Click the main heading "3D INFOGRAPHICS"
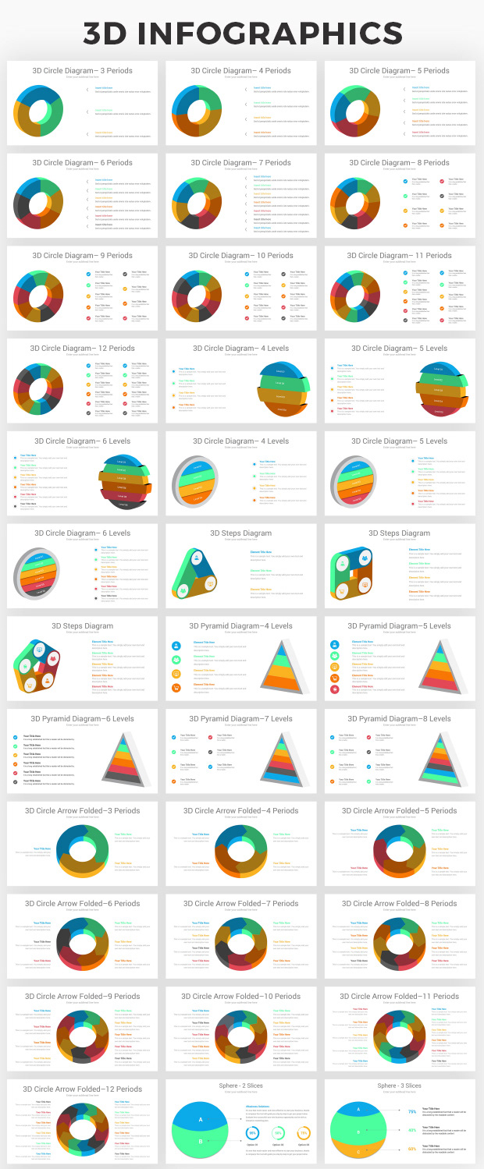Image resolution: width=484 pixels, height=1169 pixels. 242,33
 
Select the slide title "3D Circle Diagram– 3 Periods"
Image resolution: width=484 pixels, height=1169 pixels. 82,71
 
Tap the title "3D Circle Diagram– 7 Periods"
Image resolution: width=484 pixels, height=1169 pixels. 240,163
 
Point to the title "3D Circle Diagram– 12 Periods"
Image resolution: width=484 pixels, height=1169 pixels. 82,349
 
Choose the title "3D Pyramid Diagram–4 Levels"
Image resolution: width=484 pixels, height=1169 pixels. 240,626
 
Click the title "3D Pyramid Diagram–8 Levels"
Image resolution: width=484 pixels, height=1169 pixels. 399,719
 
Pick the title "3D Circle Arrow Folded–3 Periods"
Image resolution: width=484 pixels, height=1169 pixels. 82,811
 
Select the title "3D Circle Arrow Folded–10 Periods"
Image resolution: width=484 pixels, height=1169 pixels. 240,997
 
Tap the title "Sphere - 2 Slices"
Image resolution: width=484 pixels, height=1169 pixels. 240,1086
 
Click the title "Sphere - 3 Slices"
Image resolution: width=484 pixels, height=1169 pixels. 399,1086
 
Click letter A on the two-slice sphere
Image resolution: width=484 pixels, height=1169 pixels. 201,1119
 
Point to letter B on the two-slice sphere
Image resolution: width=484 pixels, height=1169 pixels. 201,1142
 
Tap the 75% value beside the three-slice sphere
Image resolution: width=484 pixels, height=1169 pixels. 411,1111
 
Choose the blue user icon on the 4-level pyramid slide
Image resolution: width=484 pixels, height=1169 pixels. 176,645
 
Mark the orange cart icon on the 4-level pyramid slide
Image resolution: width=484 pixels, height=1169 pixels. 176,687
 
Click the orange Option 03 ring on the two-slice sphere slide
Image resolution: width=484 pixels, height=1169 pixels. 304,1132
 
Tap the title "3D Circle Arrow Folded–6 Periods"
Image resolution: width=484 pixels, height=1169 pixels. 82,904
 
